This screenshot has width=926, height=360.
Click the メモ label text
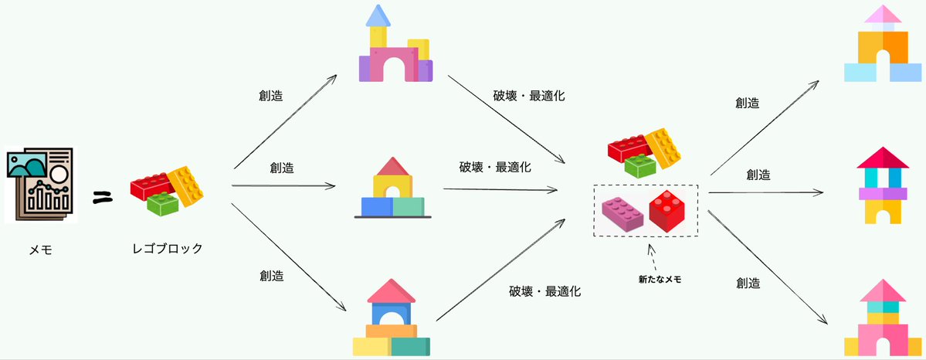(x=39, y=250)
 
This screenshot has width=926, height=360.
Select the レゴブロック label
(x=167, y=249)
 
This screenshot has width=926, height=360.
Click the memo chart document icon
(x=39, y=185)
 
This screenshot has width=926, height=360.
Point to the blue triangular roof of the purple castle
(x=378, y=15)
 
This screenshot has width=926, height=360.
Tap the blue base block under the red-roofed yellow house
(x=377, y=206)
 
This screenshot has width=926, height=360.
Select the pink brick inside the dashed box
(x=623, y=213)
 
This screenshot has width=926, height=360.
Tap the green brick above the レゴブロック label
(x=163, y=203)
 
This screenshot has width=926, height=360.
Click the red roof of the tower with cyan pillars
(x=881, y=158)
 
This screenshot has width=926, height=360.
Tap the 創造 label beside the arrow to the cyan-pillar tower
(x=758, y=175)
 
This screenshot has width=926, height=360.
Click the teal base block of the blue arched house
(x=410, y=347)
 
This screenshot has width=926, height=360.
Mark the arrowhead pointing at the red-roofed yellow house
(x=332, y=186)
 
